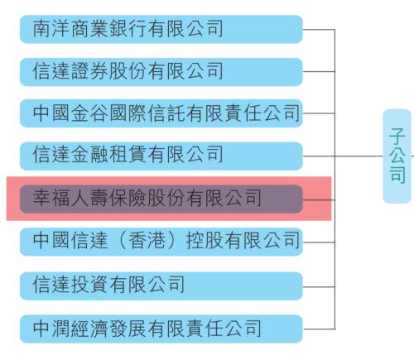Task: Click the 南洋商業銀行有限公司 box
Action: click(x=161, y=29)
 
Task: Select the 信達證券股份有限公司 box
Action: click(x=161, y=72)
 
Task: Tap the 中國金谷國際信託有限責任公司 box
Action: click(x=161, y=113)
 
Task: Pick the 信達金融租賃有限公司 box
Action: click(x=161, y=156)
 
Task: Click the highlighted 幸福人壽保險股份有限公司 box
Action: click(x=161, y=199)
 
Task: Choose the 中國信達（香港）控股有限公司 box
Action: click(x=161, y=242)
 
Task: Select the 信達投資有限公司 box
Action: click(x=161, y=286)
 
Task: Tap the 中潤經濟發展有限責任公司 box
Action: click(x=161, y=329)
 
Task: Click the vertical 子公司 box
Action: click(x=397, y=156)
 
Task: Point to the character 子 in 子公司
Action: click(x=397, y=136)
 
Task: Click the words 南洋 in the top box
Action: click(x=51, y=28)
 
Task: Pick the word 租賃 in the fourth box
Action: click(x=128, y=155)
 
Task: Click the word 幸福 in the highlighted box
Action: click(x=51, y=198)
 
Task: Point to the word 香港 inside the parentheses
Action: click(x=147, y=240)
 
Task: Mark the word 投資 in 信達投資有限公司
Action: click(x=89, y=285)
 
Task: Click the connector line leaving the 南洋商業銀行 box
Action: click(x=319, y=29)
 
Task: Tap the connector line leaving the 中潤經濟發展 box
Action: click(x=319, y=329)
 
